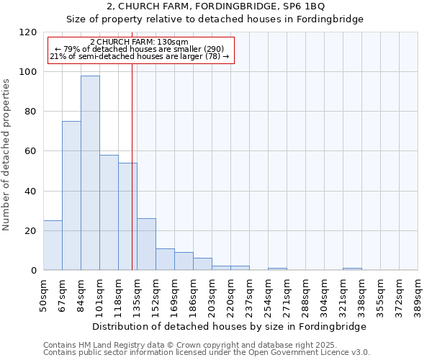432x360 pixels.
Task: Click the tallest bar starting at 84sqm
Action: coord(90,173)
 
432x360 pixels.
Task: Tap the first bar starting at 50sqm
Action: coord(53,246)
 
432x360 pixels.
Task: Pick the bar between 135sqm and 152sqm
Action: coord(146,244)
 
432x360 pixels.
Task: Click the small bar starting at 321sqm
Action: coord(352,269)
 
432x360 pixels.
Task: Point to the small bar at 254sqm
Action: coord(277,269)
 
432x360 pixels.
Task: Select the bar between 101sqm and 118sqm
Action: coord(109,212)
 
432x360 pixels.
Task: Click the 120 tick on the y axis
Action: coord(28,32)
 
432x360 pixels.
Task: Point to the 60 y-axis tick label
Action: coord(31,151)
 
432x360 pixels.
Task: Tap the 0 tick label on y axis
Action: coord(34,271)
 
